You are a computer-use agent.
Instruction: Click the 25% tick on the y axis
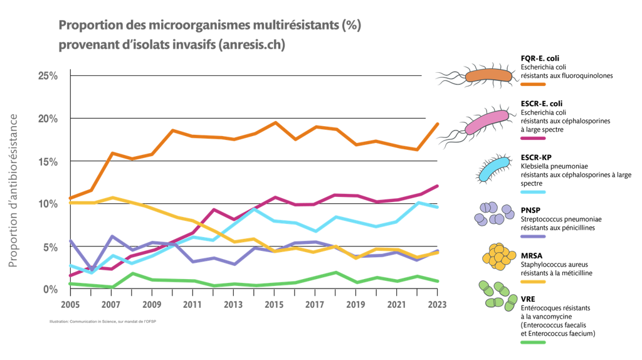pos(48,76)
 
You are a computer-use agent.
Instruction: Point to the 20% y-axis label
pos(48,119)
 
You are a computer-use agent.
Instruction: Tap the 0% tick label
pos(50,289)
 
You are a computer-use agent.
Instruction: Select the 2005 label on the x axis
pos(69,304)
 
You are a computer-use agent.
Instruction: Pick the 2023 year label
pos(436,304)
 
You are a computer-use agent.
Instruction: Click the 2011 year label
pos(191,304)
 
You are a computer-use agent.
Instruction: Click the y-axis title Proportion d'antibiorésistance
pos(13,191)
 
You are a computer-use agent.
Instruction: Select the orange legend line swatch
pos(533,84)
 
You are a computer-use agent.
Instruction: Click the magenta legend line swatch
pos(533,138)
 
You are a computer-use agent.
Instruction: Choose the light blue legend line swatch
pos(533,192)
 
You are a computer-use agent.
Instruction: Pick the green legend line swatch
pos(533,342)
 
